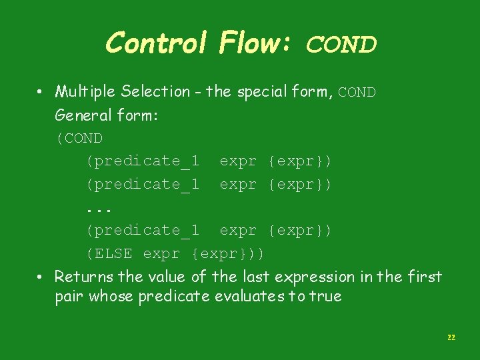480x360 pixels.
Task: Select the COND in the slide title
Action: pos(341,45)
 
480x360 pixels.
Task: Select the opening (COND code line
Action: pos(79,139)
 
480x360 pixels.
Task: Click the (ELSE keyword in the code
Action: pos(109,253)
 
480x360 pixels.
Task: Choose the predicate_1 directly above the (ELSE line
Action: pos(143,231)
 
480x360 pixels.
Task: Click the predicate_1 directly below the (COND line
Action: pos(143,161)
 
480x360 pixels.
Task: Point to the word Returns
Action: pos(83,277)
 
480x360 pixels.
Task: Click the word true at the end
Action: pos(326,297)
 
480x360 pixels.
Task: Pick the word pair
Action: pos(69,297)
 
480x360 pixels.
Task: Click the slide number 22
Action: pos(451,338)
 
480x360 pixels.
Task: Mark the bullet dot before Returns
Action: pos(41,277)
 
